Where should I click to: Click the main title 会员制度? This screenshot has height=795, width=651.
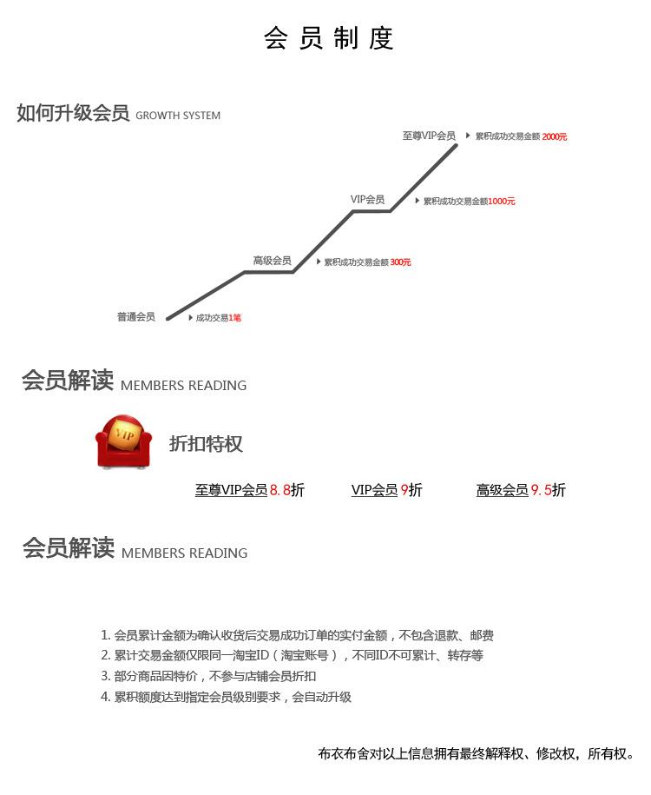tap(328, 38)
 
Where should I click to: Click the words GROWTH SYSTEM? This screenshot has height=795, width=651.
tap(178, 116)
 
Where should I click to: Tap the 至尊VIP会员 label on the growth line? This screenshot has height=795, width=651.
tap(429, 136)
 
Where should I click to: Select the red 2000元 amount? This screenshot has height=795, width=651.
tap(555, 136)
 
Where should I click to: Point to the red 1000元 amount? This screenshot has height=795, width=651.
tap(502, 202)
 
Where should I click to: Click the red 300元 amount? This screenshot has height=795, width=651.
tap(400, 262)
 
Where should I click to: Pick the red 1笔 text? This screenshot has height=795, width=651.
tap(234, 318)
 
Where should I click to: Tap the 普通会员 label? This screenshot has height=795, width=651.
tap(135, 317)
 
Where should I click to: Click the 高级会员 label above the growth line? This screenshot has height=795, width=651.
tap(272, 261)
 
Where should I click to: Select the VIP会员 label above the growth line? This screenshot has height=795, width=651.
tap(367, 199)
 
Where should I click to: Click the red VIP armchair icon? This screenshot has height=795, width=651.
tap(123, 441)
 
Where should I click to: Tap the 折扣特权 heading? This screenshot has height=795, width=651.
tap(206, 444)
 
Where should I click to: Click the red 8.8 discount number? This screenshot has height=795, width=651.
tap(279, 490)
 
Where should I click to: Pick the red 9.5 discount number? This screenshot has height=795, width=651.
tap(541, 490)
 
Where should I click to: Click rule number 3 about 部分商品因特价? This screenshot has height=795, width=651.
tap(208, 676)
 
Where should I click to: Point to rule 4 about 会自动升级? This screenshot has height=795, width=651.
tap(226, 697)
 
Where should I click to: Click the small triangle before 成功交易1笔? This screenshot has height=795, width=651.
tap(190, 318)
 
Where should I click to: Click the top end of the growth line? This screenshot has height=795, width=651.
tap(456, 145)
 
